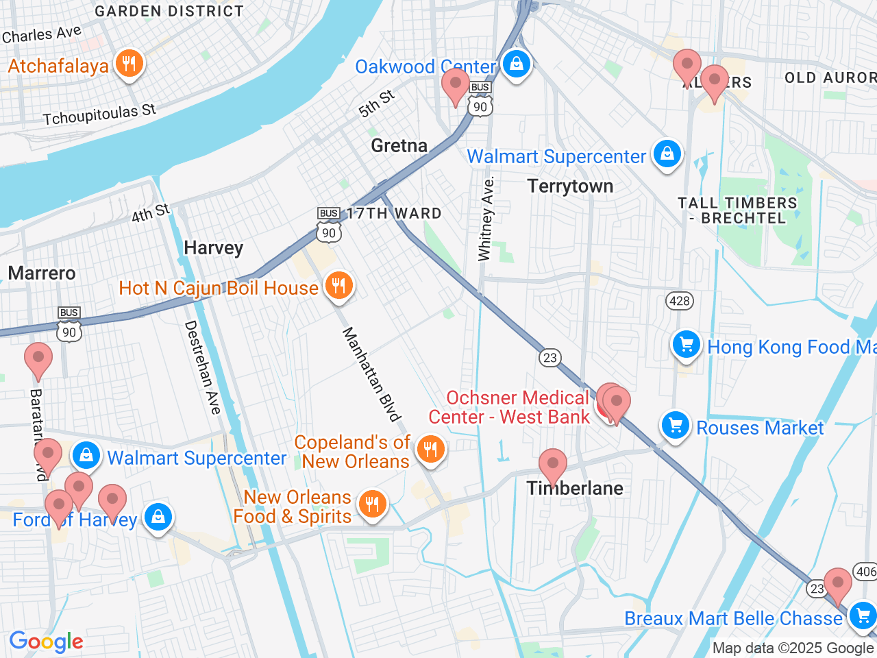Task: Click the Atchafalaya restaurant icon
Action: tap(129, 64)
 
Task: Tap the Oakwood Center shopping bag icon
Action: tap(517, 64)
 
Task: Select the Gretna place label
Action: tap(399, 145)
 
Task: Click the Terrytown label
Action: tap(570, 186)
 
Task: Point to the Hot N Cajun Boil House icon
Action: tap(338, 286)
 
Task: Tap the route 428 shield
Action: tap(679, 301)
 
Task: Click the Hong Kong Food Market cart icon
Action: tap(686, 345)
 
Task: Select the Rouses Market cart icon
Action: tap(676, 426)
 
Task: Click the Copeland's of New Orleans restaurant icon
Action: tap(430, 450)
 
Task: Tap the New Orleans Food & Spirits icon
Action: tap(372, 505)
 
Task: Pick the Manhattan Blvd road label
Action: tap(371, 374)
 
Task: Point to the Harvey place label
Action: tap(213, 248)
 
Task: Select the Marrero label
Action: tap(42, 273)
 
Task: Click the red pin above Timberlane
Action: tap(552, 465)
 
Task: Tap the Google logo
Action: tap(46, 642)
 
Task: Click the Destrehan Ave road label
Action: tap(203, 367)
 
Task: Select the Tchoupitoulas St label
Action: tap(99, 114)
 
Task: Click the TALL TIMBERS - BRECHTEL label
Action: tap(737, 210)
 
